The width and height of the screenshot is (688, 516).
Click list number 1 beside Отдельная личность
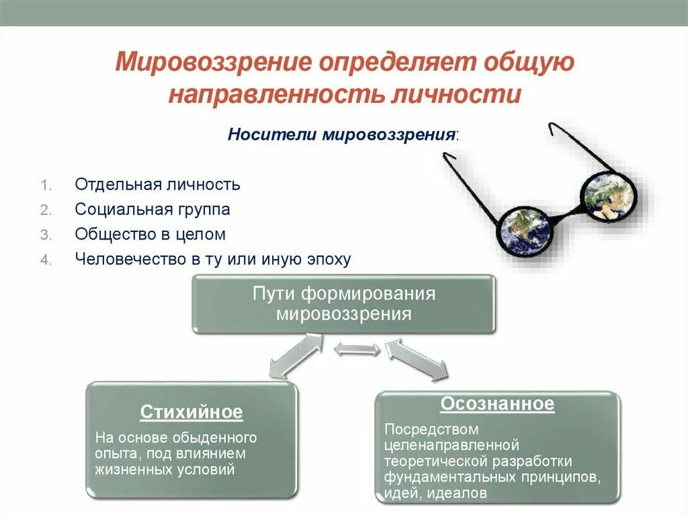[44, 184]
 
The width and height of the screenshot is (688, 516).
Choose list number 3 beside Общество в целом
[44, 235]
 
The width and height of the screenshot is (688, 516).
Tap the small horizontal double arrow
[357, 349]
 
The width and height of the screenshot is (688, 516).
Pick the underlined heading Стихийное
[191, 412]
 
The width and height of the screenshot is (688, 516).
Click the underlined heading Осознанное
[497, 404]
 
